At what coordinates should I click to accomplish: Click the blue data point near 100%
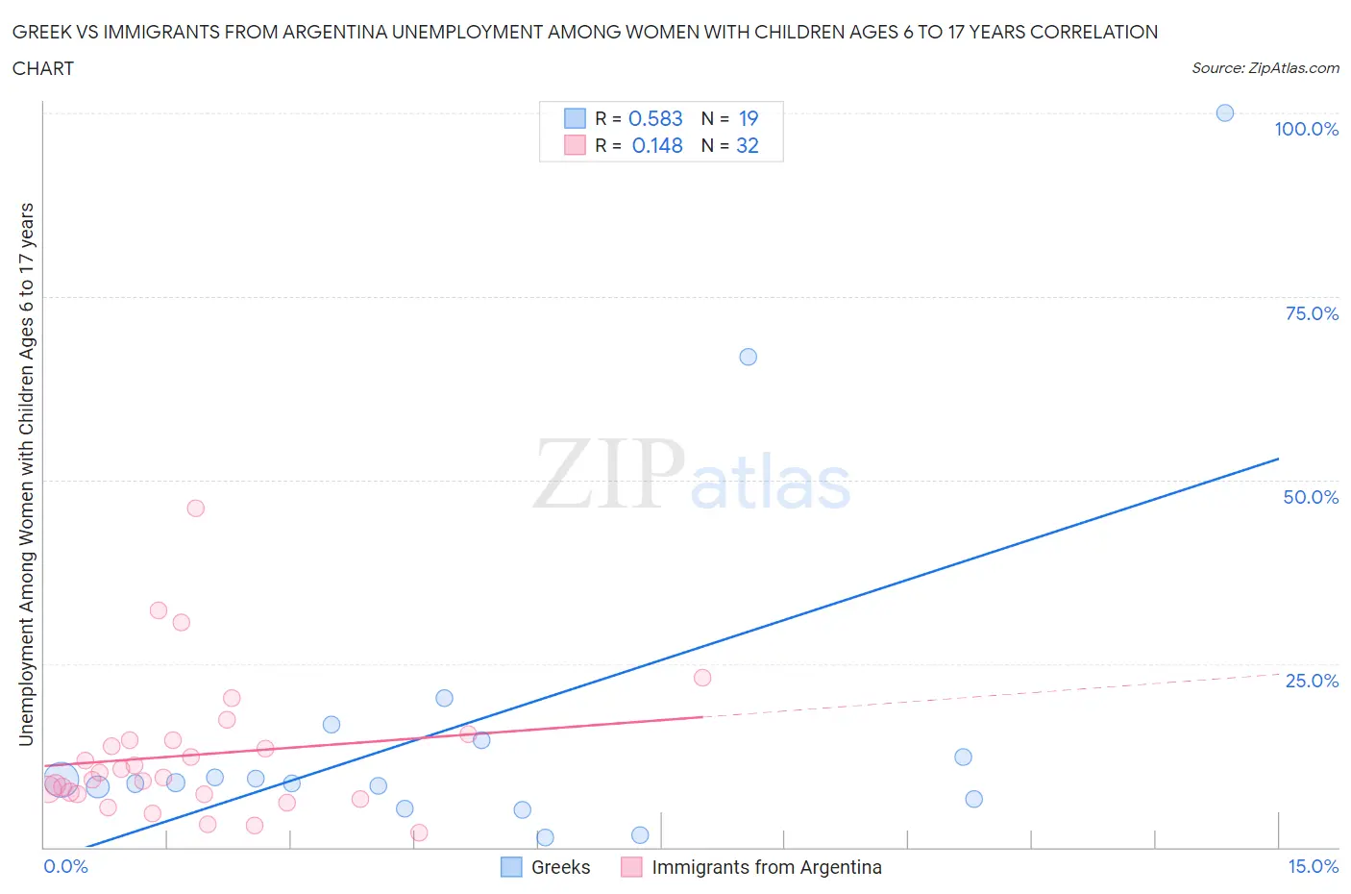(1225, 113)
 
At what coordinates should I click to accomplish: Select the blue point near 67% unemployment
(749, 357)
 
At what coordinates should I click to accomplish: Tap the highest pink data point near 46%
(196, 509)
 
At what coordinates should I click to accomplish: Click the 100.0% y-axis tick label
(1306, 129)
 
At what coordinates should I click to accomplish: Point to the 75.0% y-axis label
(1312, 313)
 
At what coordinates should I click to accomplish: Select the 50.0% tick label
(1311, 497)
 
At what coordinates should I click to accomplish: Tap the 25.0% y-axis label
(1312, 681)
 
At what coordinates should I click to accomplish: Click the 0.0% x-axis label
(65, 866)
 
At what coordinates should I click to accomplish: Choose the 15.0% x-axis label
(1313, 866)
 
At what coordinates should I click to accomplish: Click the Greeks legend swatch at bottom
(511, 867)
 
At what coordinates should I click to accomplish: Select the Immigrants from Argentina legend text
(767, 867)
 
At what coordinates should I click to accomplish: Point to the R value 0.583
(655, 118)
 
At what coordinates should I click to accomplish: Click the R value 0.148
(657, 145)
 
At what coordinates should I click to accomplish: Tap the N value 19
(749, 118)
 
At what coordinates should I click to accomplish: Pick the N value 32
(748, 145)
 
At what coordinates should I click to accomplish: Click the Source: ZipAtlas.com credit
(1265, 68)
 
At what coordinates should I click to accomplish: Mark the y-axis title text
(26, 475)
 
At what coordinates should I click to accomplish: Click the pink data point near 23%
(702, 678)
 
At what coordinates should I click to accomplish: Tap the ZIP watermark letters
(609, 473)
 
